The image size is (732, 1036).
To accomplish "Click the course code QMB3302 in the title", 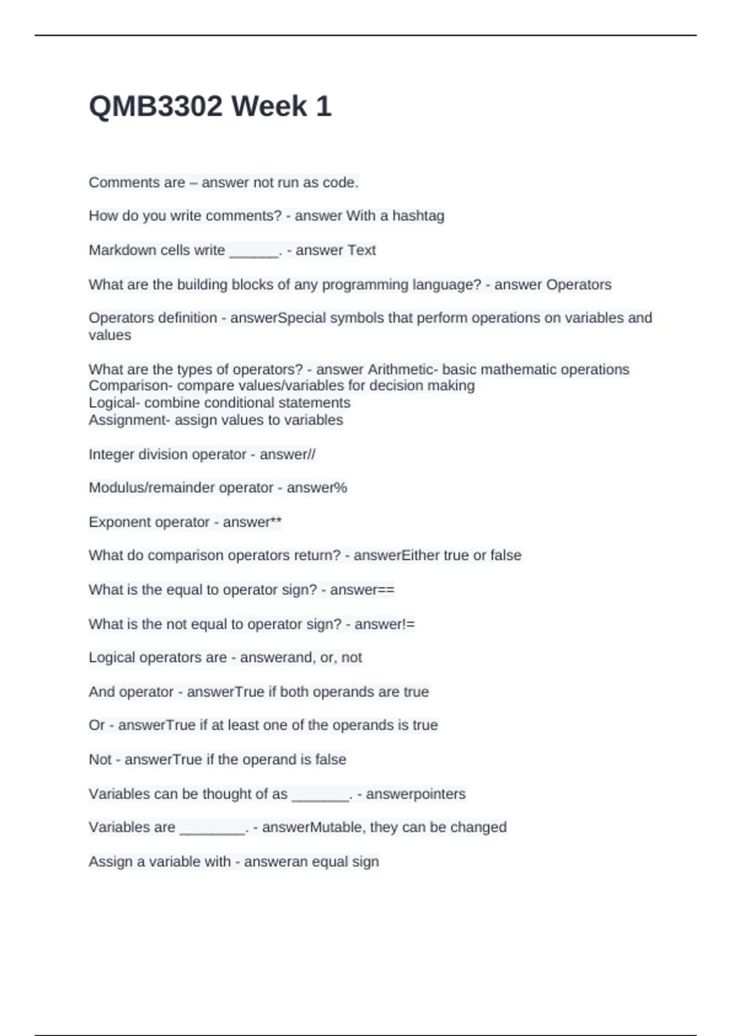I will (156, 107).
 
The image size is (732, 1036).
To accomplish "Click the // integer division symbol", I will (311, 455).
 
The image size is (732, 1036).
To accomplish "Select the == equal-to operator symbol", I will (386, 590).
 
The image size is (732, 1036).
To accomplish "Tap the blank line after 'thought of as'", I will (320, 795).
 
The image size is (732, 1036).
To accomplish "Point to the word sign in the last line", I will (365, 862).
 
